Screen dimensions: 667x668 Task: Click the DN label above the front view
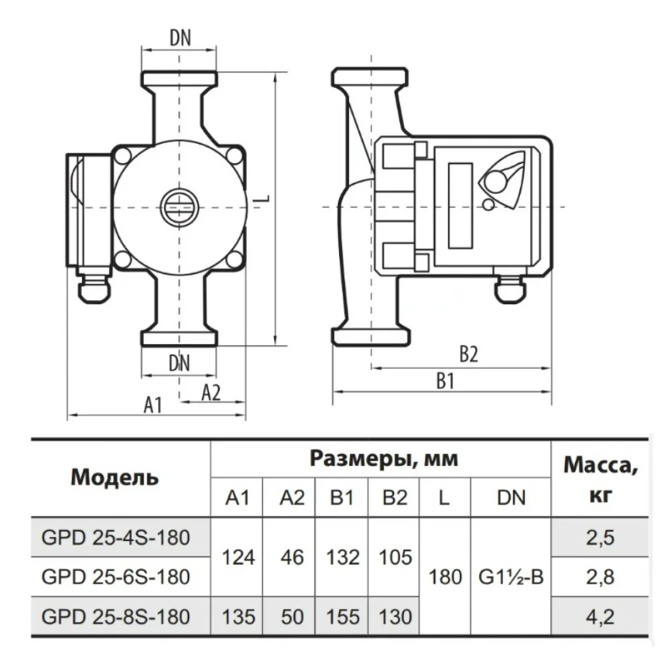tap(180, 37)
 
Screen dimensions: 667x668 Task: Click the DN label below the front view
tap(179, 364)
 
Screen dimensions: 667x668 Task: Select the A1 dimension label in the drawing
tap(153, 405)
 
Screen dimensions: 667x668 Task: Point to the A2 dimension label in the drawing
tap(211, 393)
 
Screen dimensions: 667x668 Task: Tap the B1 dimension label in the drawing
tap(446, 381)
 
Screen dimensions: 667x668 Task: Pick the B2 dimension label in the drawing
tap(469, 354)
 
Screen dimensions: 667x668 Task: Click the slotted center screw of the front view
tap(179, 207)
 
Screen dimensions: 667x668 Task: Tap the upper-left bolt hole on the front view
tap(123, 156)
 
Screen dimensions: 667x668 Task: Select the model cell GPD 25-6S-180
tap(116, 577)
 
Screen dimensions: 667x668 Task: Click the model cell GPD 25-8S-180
tap(116, 616)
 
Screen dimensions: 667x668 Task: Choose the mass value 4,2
tap(600, 617)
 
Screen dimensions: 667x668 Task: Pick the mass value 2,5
tap(600, 538)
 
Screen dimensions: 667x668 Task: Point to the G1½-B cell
tap(511, 578)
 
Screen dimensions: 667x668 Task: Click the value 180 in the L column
tap(446, 578)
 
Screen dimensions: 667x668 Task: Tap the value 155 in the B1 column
tap(342, 617)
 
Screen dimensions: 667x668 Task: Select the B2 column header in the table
tap(395, 497)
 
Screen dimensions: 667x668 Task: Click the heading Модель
tap(115, 477)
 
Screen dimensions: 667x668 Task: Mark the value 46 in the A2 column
tap(292, 557)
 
